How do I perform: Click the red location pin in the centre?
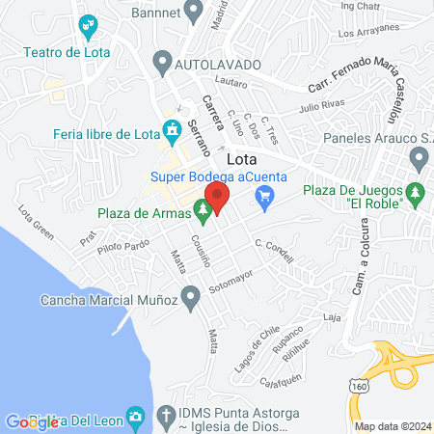pyautogui.click(x=217, y=198)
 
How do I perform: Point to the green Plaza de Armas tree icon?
pyautogui.click(x=202, y=206)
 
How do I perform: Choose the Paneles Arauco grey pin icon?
pyautogui.click(x=419, y=157)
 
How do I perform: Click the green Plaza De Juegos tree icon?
pyautogui.click(x=416, y=192)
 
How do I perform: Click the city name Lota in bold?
pyautogui.click(x=242, y=160)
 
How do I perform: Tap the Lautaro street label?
pyautogui.click(x=231, y=84)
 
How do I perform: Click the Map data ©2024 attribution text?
pyautogui.click(x=393, y=426)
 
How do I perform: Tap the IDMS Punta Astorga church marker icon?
pyautogui.click(x=138, y=416)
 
